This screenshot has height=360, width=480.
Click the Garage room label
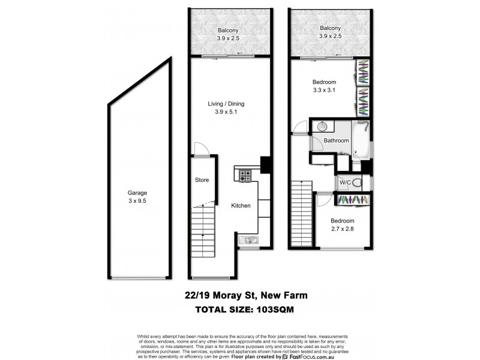pos(137,193)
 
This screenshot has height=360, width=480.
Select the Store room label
pos(202,179)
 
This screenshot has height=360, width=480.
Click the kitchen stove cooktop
pos(245,176)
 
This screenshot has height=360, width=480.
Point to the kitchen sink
pos(247,241)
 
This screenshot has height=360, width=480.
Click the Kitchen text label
pos(241,206)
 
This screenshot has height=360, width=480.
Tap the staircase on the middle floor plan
pos(203,232)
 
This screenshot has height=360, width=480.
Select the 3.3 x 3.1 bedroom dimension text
pos(324,90)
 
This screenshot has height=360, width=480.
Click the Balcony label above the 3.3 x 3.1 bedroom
pos(329,28)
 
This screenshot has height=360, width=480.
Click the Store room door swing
pos(202,152)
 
